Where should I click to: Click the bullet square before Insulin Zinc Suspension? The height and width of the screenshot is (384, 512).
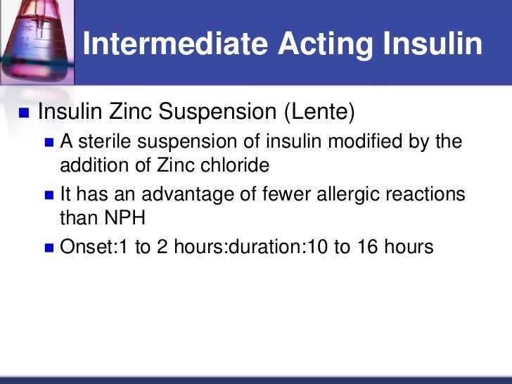[25, 112]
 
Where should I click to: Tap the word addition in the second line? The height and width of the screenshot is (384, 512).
[91, 166]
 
